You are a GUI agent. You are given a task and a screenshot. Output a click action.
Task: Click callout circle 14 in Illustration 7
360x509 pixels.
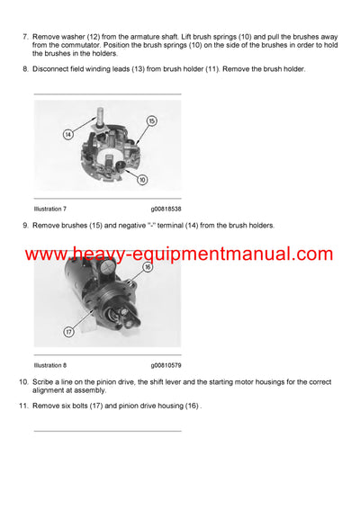click(67, 134)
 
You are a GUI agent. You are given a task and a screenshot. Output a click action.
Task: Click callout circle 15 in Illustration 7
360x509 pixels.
click(151, 121)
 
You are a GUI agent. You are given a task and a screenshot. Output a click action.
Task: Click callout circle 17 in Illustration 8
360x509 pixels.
click(67, 330)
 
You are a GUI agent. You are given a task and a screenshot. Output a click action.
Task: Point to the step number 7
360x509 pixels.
click(24, 34)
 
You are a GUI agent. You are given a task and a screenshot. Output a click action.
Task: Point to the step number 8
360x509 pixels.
click(24, 69)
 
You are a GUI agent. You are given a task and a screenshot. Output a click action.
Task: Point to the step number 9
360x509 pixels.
click(24, 225)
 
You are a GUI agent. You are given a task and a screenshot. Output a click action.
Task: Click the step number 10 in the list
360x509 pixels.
click(22, 383)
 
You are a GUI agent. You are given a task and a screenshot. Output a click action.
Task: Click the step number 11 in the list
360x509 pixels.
click(22, 406)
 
